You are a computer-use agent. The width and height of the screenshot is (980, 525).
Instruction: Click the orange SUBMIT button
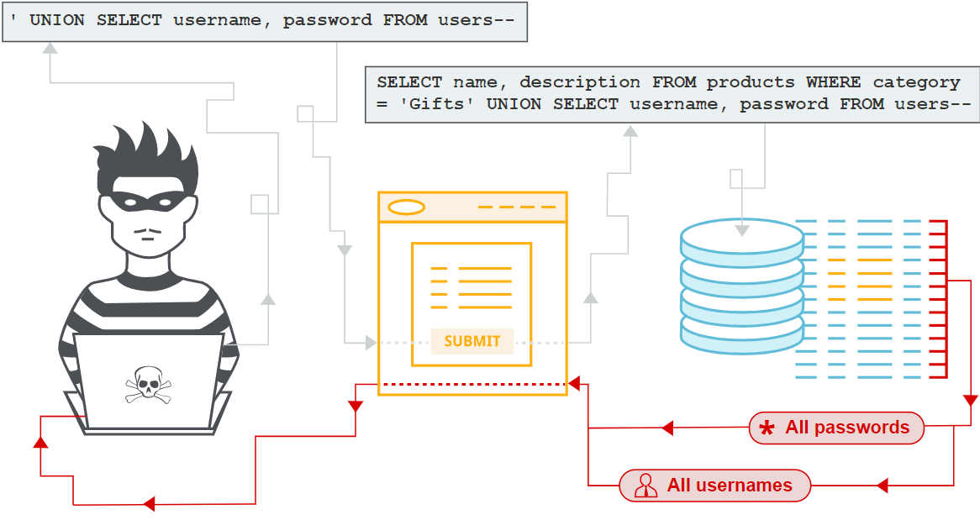coord(472,341)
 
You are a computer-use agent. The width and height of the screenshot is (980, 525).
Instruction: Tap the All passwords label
coord(846,428)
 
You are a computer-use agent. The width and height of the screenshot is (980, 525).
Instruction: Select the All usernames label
coord(729,486)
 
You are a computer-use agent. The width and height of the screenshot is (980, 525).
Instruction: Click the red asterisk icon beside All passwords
coord(767,429)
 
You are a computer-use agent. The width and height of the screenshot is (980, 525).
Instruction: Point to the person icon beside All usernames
coord(645,486)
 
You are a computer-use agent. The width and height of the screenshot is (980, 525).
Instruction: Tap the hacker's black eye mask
coord(149,201)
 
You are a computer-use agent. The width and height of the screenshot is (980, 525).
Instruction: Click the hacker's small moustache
coord(149,230)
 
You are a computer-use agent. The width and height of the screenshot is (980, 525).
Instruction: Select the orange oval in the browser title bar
coord(406,207)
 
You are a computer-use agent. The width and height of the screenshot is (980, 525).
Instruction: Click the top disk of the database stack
coord(741,238)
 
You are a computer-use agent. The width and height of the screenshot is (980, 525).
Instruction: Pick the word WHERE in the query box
coord(833,82)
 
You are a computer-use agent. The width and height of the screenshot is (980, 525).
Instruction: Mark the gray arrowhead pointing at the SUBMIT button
coord(370,343)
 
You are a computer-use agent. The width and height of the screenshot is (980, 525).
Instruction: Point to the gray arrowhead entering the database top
coord(741,228)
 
